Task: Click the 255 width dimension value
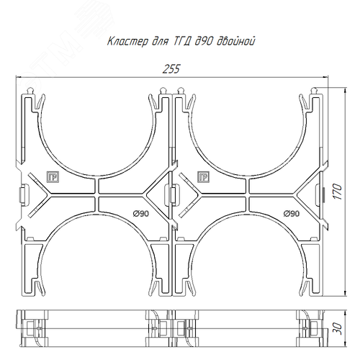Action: pos(171,69)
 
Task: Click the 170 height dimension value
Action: pos(338,192)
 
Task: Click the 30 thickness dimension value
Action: pos(338,329)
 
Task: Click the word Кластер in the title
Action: pos(127,41)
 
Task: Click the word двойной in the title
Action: pos(236,41)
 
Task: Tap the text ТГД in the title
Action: pos(181,41)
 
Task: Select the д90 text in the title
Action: pos(204,41)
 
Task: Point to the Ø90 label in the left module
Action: pos(140,213)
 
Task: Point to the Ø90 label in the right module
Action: pos(292,213)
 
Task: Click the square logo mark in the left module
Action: pos(53,177)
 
